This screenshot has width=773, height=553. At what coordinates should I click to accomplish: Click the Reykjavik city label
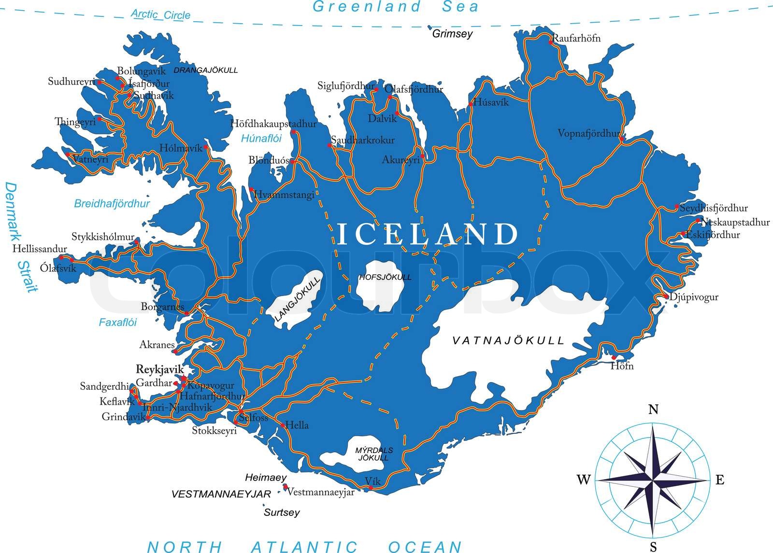coord(160,369)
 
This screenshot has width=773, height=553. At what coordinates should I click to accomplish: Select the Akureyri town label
coord(401,160)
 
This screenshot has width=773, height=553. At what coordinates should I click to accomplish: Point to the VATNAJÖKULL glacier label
coord(508,340)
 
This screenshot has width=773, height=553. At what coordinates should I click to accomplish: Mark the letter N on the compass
coord(653,410)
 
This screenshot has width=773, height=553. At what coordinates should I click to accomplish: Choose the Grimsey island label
coord(452,34)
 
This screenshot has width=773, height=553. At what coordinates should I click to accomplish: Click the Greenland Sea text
coord(395,7)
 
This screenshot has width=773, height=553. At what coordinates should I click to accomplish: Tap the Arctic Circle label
coord(160,14)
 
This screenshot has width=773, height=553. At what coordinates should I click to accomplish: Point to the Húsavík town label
coord(491,102)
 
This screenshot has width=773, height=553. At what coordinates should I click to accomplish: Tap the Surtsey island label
coord(282,512)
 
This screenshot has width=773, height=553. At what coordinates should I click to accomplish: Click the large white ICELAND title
coord(427,235)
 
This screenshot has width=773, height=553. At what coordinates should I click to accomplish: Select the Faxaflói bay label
coord(117,322)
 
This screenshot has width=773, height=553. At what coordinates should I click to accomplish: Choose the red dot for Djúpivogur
coord(666,296)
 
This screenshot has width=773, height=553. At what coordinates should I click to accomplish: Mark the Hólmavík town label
coord(181,149)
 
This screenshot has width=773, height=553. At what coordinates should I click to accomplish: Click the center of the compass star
coord(652,481)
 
